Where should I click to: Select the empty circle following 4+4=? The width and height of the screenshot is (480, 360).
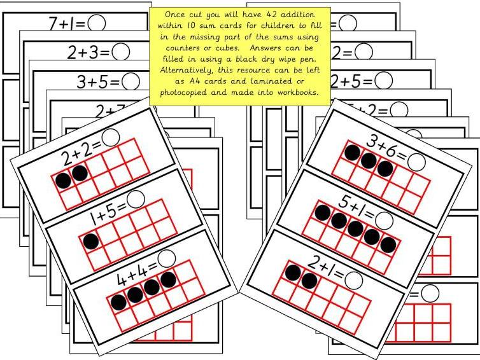167,258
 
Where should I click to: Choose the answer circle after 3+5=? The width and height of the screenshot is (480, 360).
131,81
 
